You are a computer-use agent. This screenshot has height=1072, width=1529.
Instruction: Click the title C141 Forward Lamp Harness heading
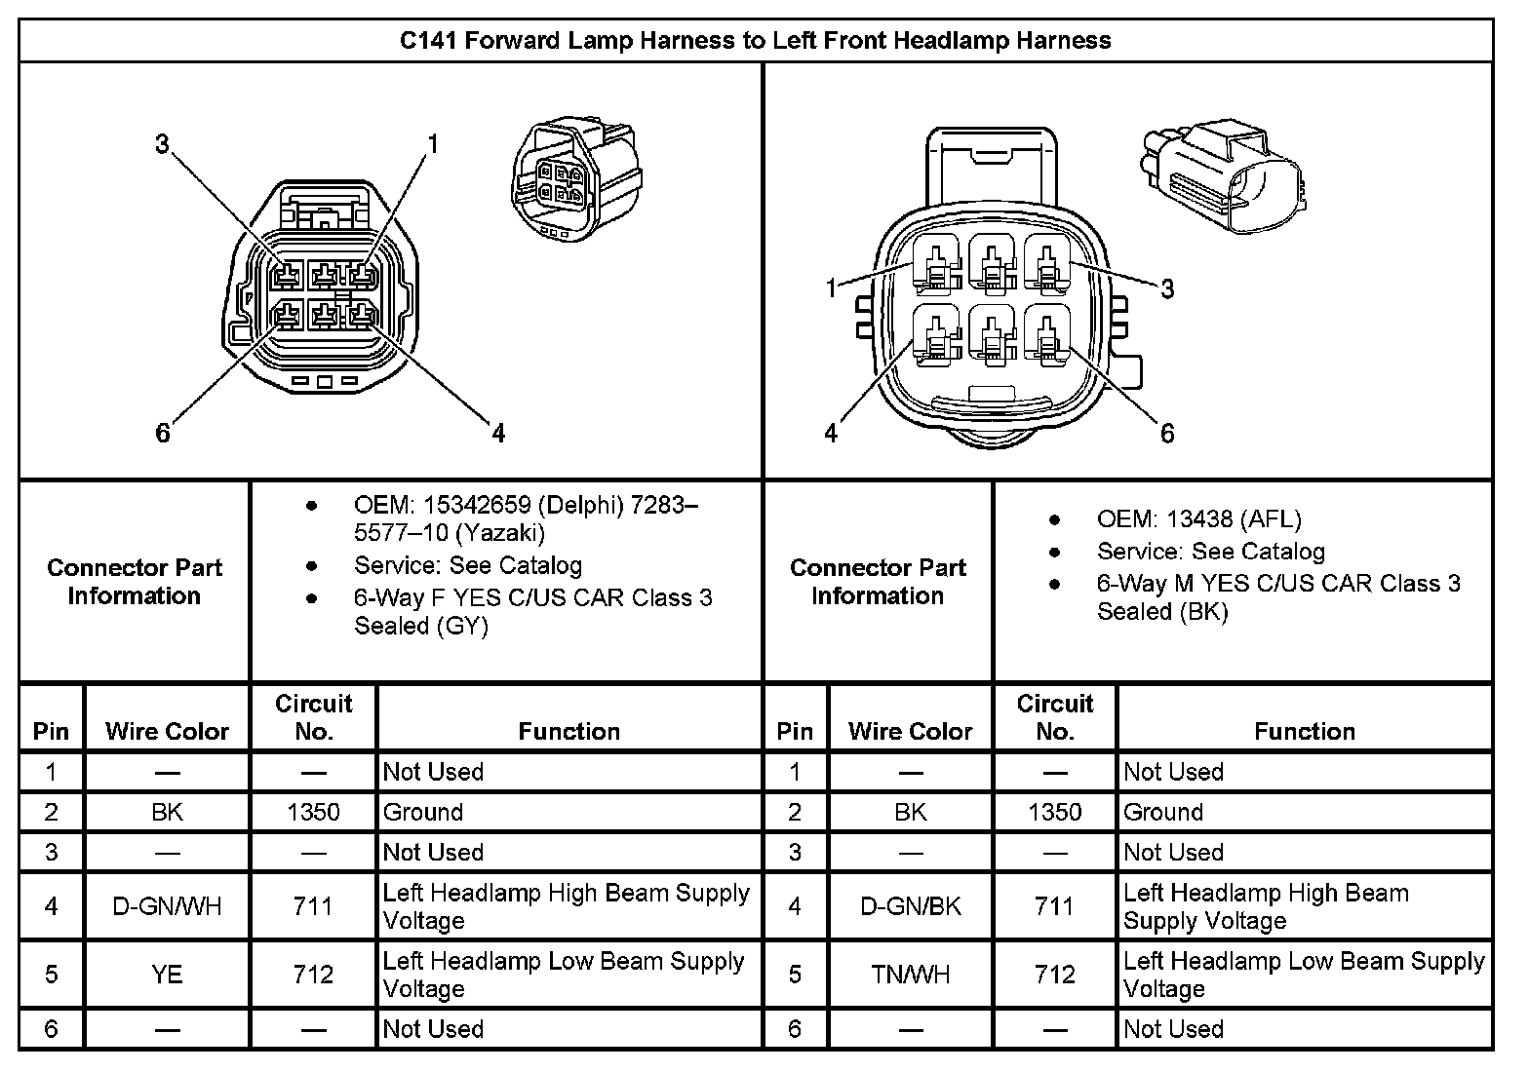tap(756, 41)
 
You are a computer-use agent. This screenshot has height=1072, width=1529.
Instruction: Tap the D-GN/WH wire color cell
tap(167, 906)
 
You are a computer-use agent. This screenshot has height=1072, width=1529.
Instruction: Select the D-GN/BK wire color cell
tap(910, 906)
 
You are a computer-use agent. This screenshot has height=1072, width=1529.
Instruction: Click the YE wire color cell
tap(167, 975)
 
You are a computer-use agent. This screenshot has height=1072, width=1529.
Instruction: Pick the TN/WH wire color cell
tap(910, 975)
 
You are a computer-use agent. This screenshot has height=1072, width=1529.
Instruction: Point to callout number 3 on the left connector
tap(162, 145)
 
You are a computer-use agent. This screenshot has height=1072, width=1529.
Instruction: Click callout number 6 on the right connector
tap(1166, 433)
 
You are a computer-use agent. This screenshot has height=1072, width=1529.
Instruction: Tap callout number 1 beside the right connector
tap(831, 288)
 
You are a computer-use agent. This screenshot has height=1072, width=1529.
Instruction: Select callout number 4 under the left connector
tap(498, 433)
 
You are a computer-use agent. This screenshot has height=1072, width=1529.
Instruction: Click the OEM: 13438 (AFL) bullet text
tap(1198, 519)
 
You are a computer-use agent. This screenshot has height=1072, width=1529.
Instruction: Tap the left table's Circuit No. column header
tap(313, 717)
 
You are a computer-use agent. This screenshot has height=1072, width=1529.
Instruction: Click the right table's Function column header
tap(1304, 731)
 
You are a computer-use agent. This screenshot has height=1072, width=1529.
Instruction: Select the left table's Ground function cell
tap(423, 812)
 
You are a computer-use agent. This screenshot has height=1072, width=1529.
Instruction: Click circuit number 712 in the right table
tap(1054, 975)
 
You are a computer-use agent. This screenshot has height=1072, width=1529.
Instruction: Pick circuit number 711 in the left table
tap(313, 906)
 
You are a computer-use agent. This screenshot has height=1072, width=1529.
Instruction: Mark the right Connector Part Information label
tap(878, 582)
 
